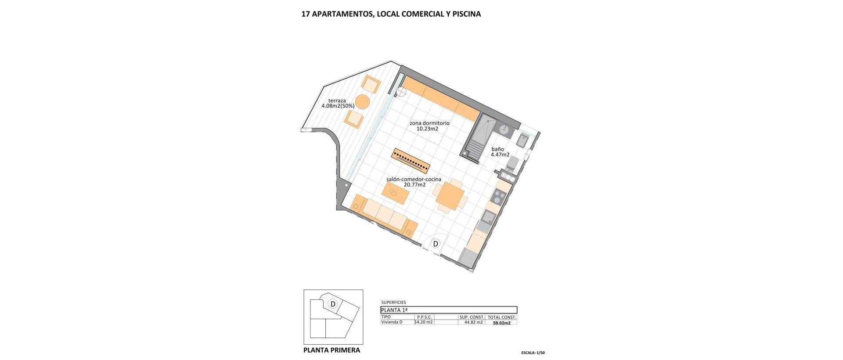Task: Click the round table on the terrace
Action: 363,102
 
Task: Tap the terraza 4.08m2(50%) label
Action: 338,103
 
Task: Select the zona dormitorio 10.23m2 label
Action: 429,126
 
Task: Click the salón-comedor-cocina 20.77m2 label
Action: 414,182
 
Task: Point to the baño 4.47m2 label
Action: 500,152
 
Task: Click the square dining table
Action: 449,196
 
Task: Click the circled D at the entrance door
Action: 436,244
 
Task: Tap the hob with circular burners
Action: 497,197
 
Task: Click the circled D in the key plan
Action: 333,304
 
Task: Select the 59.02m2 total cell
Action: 501,323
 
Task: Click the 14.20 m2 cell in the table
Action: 424,322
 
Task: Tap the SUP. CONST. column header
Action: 472,317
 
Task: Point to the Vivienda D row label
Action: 392,322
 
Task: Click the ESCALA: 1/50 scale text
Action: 533,353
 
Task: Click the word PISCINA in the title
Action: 466,14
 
